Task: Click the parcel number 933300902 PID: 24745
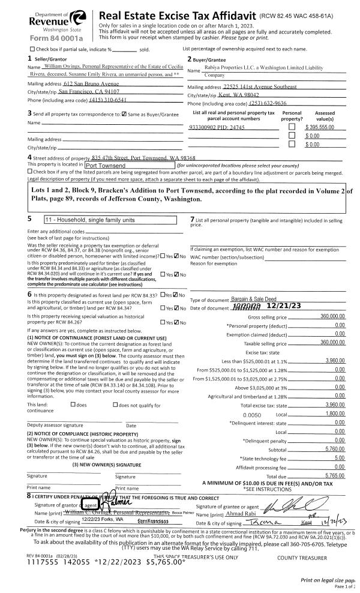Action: [216, 128]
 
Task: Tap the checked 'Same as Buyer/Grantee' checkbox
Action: [124, 113]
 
